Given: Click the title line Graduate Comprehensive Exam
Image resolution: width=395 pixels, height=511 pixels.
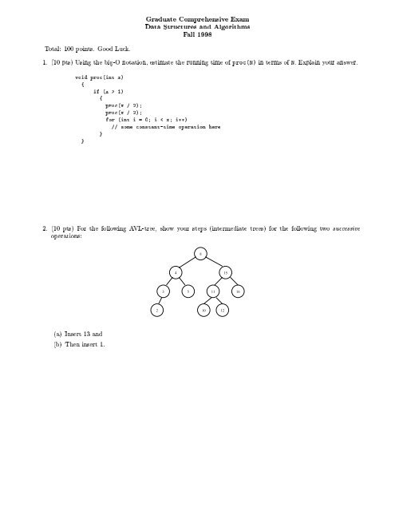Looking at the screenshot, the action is pyautogui.click(x=196, y=18).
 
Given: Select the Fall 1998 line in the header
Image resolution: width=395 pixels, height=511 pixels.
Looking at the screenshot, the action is pyautogui.click(x=196, y=36).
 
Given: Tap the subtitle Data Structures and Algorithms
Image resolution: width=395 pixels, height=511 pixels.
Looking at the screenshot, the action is pyautogui.click(x=196, y=27).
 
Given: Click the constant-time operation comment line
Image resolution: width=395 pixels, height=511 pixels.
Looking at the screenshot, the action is pyautogui.click(x=165, y=127).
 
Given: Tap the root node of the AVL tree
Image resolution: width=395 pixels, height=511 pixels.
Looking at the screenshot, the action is pyautogui.click(x=200, y=255).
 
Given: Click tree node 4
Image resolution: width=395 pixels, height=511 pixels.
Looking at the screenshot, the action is pyautogui.click(x=176, y=273).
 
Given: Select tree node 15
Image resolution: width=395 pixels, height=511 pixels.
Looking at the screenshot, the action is pyautogui.click(x=226, y=273).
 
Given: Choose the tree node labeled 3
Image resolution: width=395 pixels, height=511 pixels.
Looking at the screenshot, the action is pyautogui.click(x=163, y=291).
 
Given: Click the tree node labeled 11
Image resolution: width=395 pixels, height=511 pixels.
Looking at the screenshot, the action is pyautogui.click(x=213, y=291).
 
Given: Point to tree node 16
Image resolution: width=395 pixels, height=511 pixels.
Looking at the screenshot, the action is pyautogui.click(x=239, y=291).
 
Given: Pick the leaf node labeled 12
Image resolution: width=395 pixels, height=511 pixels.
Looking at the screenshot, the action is pyautogui.click(x=223, y=308).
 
